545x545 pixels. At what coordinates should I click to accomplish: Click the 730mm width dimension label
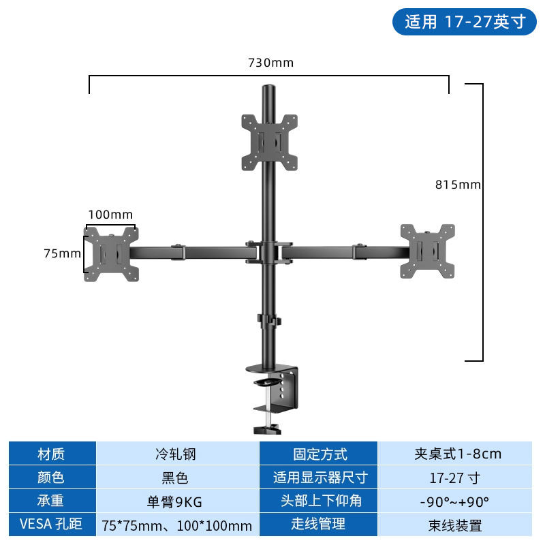pyautogui.click(x=270, y=63)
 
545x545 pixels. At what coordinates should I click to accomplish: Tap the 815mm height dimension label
pyautogui.click(x=458, y=184)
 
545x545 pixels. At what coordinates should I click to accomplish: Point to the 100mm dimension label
pyautogui.click(x=110, y=215)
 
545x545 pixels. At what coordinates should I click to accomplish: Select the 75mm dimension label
pyautogui.click(x=62, y=253)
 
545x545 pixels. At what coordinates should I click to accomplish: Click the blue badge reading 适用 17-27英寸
pyautogui.click(x=465, y=22)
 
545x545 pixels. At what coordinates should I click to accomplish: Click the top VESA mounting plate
pyautogui.click(x=269, y=142)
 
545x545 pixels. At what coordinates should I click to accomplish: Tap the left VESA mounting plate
pyautogui.click(x=111, y=253)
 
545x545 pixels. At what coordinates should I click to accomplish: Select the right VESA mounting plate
pyautogui.click(x=428, y=251)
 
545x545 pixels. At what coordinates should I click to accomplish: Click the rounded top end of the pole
pyautogui.click(x=268, y=88)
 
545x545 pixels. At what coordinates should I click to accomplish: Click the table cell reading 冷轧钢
pyautogui.click(x=176, y=454)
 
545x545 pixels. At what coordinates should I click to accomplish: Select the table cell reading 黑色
pyautogui.click(x=176, y=478)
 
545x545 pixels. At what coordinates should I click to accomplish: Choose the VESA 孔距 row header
pyautogui.click(x=52, y=525)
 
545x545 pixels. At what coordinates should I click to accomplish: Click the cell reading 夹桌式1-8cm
pyautogui.click(x=455, y=454)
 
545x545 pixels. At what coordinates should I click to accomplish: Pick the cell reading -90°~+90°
pyautogui.click(x=455, y=501)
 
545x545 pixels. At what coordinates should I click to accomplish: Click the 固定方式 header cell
pyautogui.click(x=319, y=454)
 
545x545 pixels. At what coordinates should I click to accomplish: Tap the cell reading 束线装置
pyautogui.click(x=455, y=525)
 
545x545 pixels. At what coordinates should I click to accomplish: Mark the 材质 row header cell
pyautogui.click(x=52, y=454)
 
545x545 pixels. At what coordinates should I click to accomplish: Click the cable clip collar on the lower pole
pyautogui.click(x=269, y=320)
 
